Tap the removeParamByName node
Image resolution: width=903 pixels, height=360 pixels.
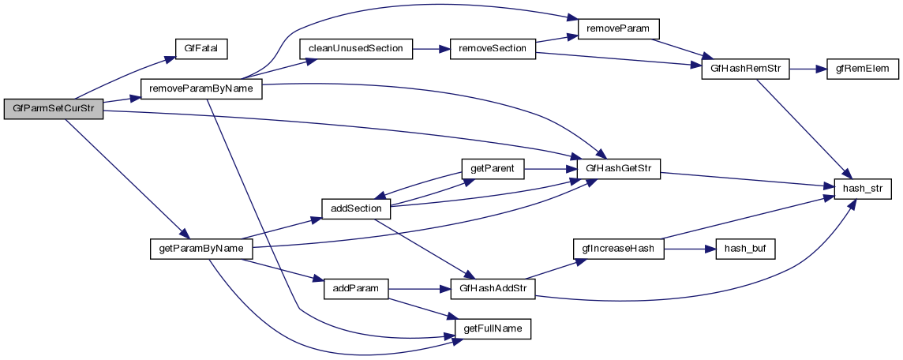200,89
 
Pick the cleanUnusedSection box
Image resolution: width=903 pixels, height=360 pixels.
355,49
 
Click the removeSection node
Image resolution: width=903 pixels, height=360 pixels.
493,49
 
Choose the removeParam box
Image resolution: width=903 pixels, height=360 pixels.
618,28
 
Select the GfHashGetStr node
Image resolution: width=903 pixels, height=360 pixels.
619,169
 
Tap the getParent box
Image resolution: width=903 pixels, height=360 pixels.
492,169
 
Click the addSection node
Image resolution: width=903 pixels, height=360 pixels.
356,208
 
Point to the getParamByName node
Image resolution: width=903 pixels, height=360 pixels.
200,249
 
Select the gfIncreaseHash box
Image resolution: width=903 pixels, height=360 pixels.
618,249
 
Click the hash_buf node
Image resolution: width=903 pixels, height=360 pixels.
745,249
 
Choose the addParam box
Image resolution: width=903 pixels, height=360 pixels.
356,288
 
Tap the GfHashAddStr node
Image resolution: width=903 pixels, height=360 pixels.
493,288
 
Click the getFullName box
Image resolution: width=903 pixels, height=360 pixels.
492,328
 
